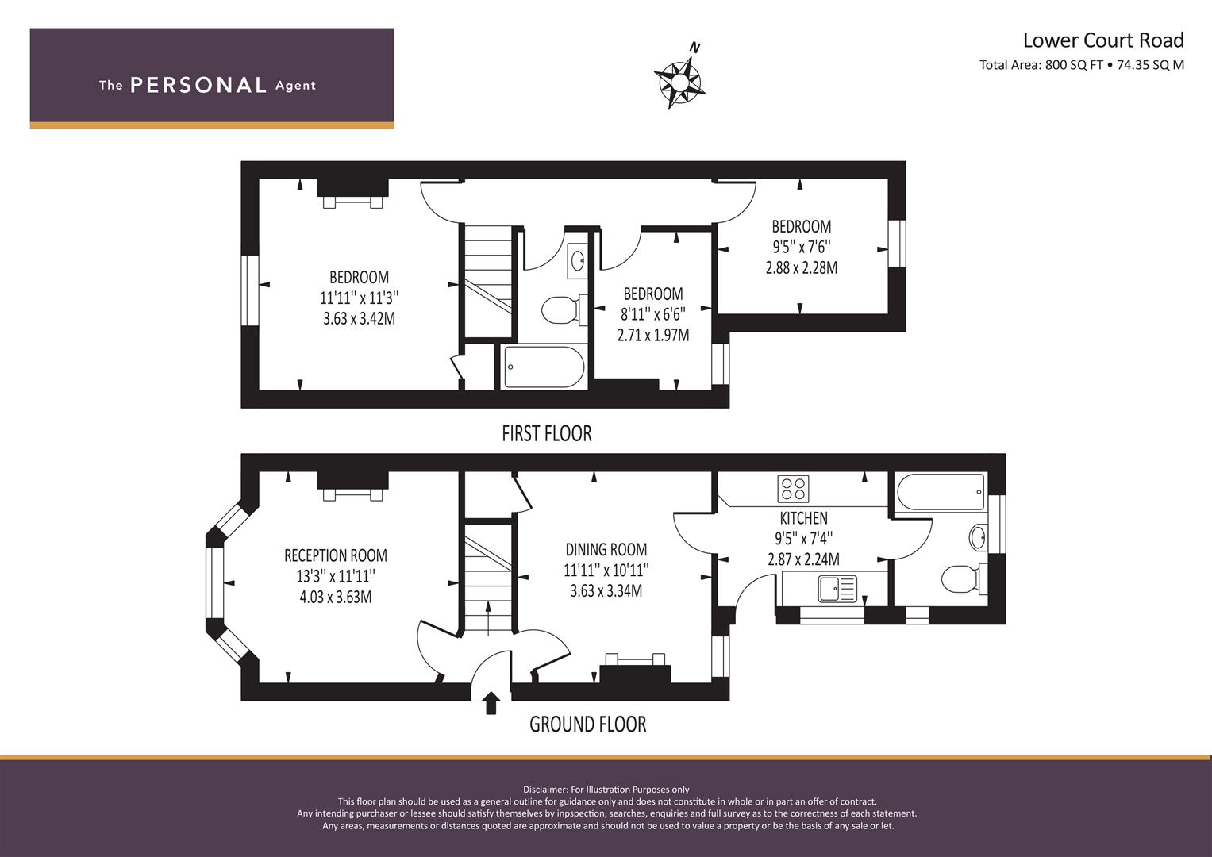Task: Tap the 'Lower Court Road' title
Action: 1103,40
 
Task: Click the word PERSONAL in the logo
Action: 198,85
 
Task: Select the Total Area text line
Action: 1082,65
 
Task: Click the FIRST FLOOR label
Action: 547,433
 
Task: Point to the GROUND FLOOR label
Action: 587,724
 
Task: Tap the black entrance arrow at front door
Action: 491,703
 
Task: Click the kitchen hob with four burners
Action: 793,489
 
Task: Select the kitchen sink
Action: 837,589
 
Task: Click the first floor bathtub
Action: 544,367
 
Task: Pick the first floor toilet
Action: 564,309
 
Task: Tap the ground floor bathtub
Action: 941,492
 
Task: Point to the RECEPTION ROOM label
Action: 336,555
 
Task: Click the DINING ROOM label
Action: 606,550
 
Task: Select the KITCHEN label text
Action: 803,518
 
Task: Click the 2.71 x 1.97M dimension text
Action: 653,336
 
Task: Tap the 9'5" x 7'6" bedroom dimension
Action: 802,247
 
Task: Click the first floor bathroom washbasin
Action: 578,260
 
